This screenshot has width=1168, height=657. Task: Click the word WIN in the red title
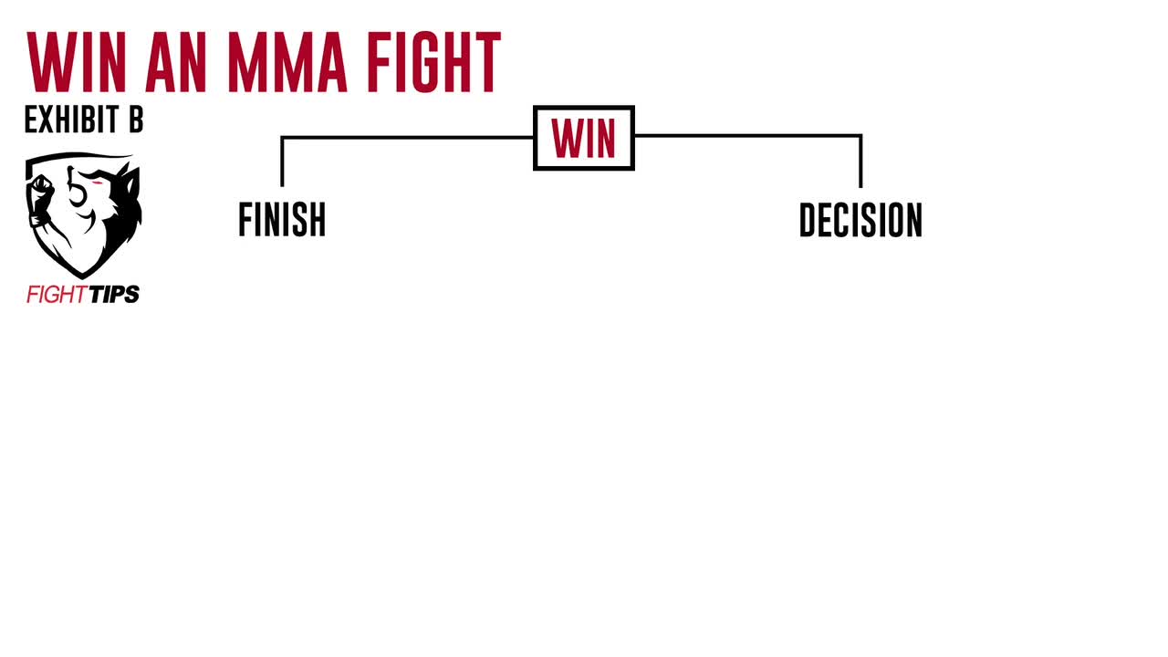pos(77,62)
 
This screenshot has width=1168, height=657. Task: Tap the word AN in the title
pos(176,62)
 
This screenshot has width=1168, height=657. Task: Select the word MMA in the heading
pos(287,62)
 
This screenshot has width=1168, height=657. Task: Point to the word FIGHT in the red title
pos(433,62)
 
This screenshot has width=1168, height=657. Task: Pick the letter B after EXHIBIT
pos(136,120)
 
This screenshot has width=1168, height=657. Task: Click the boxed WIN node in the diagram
pos(584,138)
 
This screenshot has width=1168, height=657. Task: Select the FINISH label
pos(282,220)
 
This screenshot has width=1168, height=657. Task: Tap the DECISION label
pos(860,220)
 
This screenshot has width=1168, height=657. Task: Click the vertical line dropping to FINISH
pos(282,162)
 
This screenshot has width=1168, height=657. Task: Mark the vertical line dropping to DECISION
pos(860,162)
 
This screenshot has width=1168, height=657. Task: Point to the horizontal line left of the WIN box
pos(407,138)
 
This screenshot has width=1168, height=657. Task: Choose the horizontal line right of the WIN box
pos(747,136)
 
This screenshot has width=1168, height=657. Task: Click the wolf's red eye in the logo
pos(98,182)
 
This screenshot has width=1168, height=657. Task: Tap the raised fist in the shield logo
pos(40,187)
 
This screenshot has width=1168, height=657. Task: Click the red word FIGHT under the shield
pos(57,295)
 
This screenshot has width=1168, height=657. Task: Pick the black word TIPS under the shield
pos(114,295)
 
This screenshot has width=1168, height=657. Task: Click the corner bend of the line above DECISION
pos(860,136)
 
